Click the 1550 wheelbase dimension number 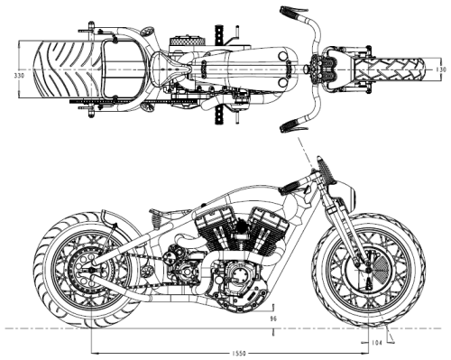pyautogui.click(x=239, y=353)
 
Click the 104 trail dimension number pyautogui.click(x=377, y=343)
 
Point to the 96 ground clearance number pyautogui.click(x=273, y=318)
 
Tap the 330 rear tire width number pyautogui.click(x=19, y=76)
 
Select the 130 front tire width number pyautogui.click(x=441, y=69)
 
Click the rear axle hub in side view pyautogui.click(x=91, y=270)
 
